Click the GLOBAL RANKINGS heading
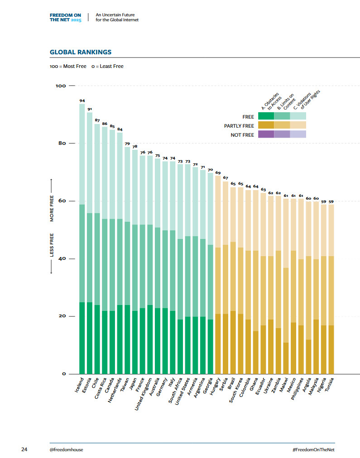pos(81,52)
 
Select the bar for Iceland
pos(82,240)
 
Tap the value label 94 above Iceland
pos(82,100)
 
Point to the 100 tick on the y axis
pos(61,86)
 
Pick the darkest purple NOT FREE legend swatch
pos(266,134)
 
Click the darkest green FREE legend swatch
pos(266,116)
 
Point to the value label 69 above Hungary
pos(218,173)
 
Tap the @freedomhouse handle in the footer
pos(66,449)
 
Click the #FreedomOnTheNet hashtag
pos(314,449)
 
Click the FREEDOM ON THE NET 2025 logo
pos(66,18)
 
